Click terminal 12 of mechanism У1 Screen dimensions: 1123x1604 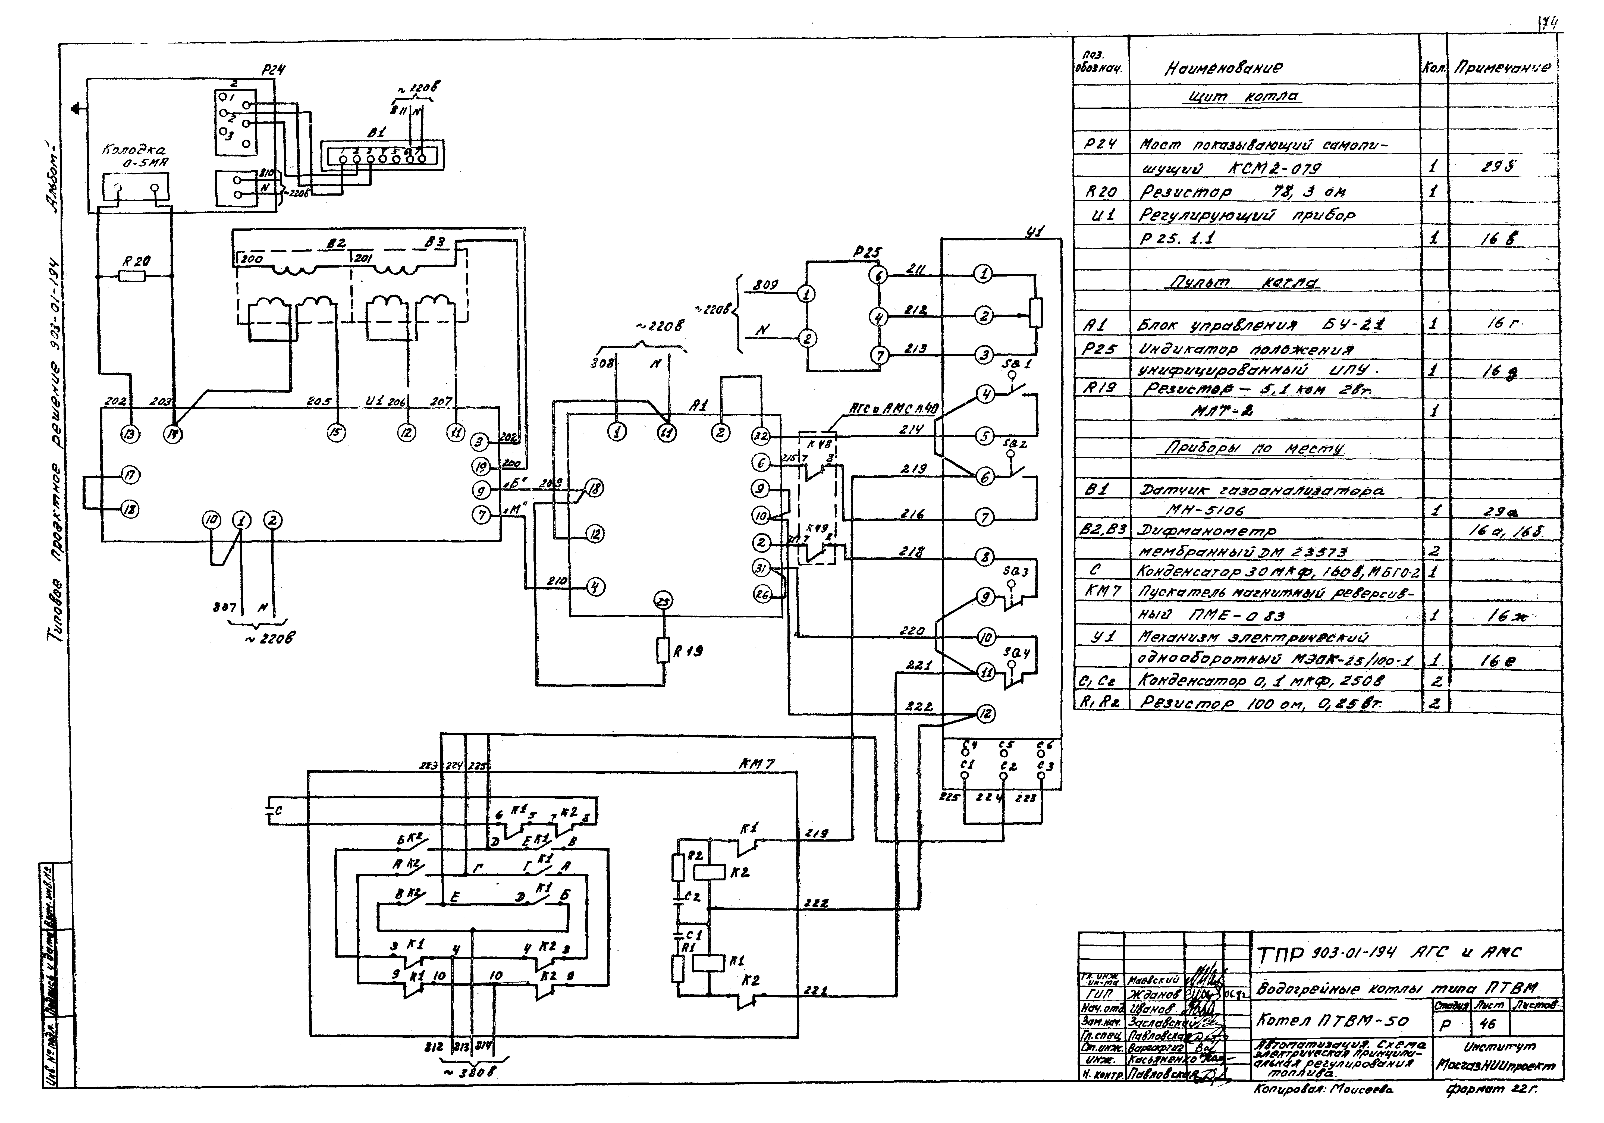985,714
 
